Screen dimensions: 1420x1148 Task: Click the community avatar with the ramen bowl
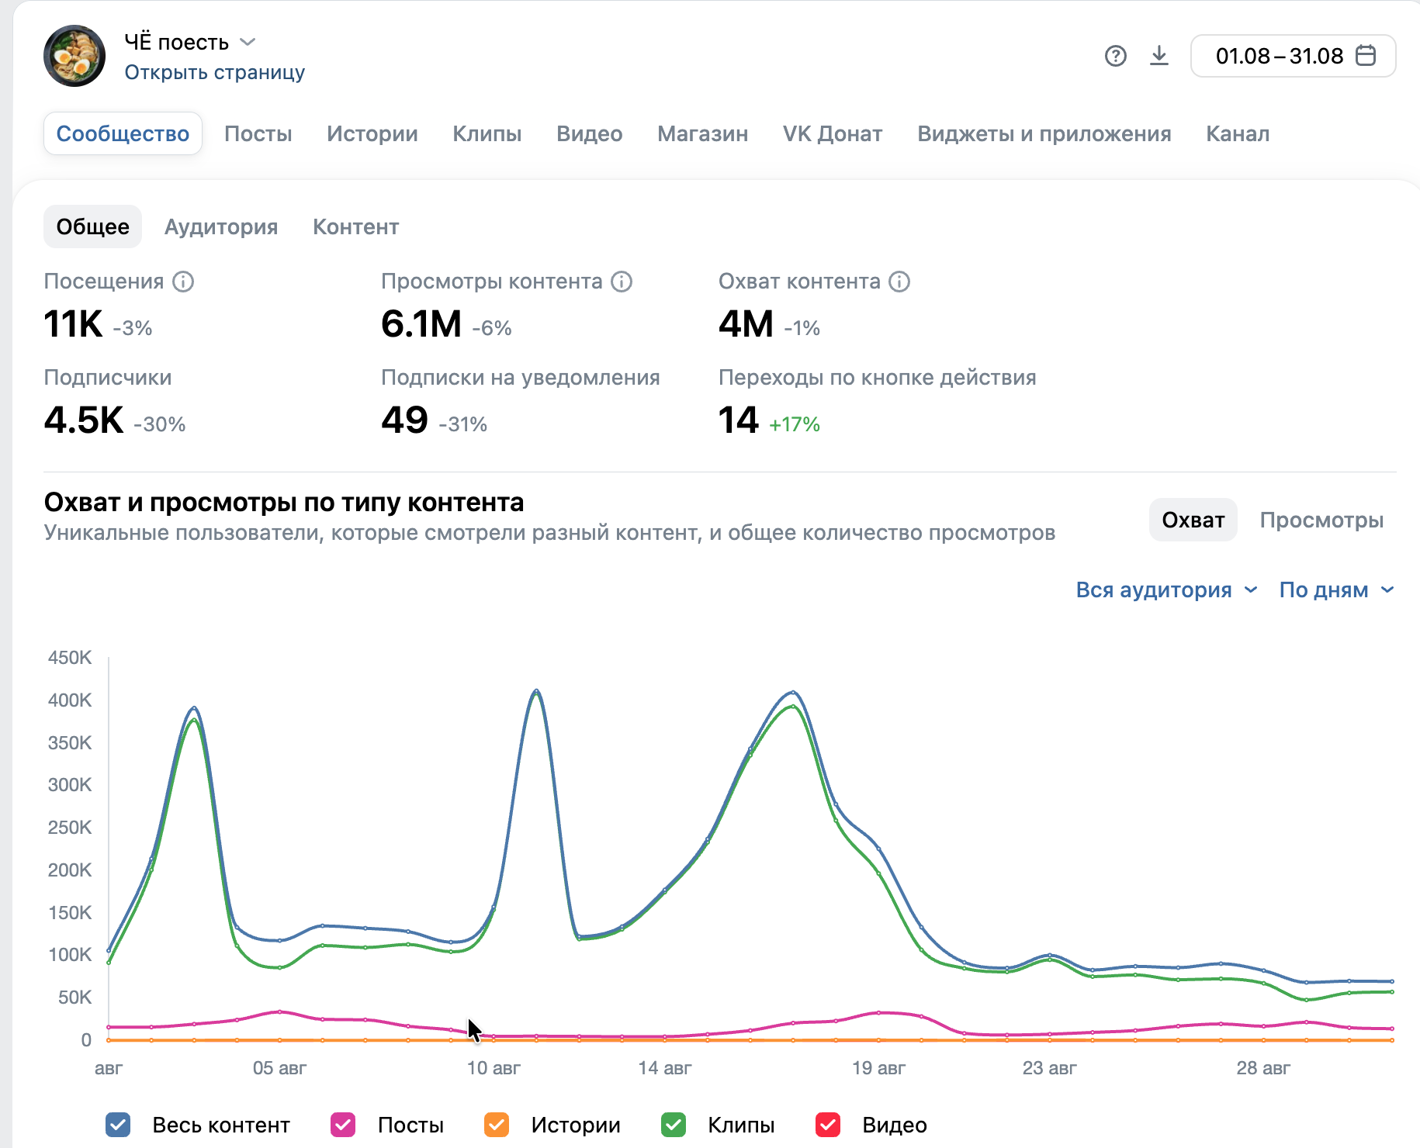click(74, 56)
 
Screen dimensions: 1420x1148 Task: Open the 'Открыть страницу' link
click(215, 72)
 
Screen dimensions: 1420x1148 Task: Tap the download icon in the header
click(1159, 56)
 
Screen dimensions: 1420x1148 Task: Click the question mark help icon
click(1116, 56)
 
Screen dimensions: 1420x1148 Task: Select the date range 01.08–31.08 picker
click(1294, 56)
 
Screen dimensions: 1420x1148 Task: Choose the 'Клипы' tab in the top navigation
click(487, 133)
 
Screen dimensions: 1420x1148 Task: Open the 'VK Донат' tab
click(833, 133)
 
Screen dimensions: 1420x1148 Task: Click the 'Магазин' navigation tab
click(703, 133)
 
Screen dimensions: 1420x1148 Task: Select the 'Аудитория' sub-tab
click(221, 226)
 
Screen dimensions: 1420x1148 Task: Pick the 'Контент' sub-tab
click(356, 226)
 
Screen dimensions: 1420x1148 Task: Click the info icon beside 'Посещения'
click(183, 281)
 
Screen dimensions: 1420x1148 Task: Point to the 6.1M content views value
click(421, 323)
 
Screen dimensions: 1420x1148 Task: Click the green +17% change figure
click(795, 424)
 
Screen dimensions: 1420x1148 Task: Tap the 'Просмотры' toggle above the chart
click(1322, 520)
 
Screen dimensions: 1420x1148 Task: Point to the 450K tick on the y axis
click(70, 658)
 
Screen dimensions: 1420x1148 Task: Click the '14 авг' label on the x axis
click(665, 1068)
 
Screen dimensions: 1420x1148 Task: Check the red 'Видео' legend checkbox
click(828, 1125)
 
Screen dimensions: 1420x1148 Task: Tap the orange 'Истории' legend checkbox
click(497, 1125)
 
